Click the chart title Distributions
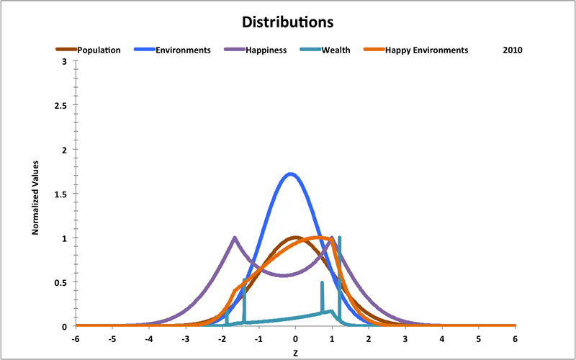pos(287,22)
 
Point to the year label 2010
pos(512,50)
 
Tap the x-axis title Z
pos(295,354)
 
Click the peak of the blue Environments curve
pos(290,174)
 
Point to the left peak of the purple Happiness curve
pos(235,238)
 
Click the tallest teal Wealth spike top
pos(339,237)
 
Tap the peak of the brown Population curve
pos(294,237)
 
